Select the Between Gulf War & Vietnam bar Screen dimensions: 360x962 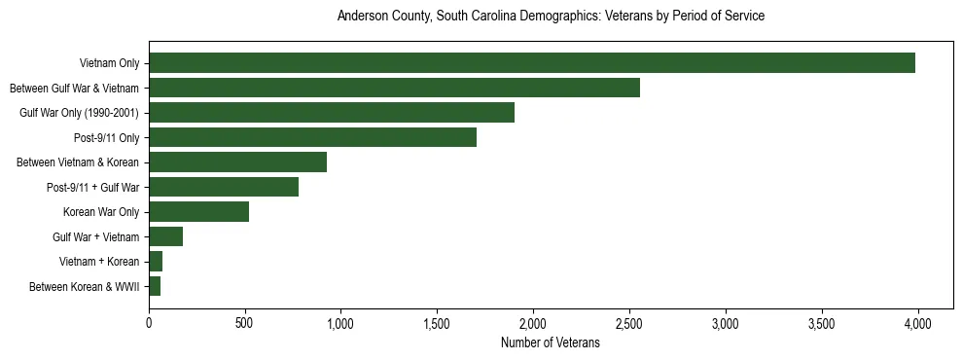(394, 88)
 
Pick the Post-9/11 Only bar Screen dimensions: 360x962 (312, 137)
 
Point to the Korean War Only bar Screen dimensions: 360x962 (198, 212)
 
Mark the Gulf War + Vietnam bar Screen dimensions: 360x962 (165, 236)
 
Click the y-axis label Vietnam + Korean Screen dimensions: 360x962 (99, 262)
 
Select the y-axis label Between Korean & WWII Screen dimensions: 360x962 (85, 287)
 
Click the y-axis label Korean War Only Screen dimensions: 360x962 (102, 212)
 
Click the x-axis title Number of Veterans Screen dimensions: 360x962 (550, 342)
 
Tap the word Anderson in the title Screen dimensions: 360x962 (361, 17)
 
